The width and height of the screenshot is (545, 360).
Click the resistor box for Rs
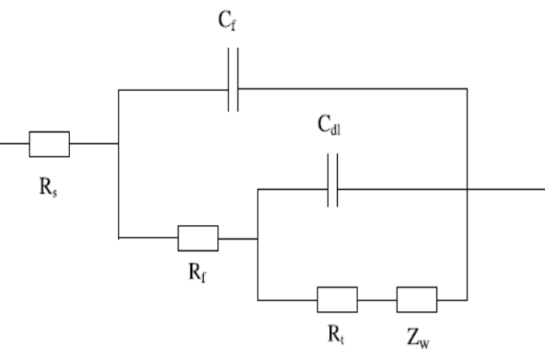pyautogui.click(x=49, y=144)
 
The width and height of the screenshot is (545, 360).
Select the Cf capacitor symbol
pyautogui.click(x=233, y=89)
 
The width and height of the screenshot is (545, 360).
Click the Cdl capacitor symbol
pyautogui.click(x=333, y=190)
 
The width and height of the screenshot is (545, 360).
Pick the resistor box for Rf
pyautogui.click(x=198, y=238)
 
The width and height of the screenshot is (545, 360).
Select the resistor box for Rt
pyautogui.click(x=337, y=299)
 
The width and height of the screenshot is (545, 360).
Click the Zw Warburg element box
pyautogui.click(x=416, y=299)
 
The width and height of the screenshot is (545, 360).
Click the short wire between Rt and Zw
pyautogui.click(x=377, y=299)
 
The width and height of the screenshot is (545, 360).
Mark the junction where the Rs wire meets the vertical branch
pyautogui.click(x=119, y=144)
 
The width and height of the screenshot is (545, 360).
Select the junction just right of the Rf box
pyautogui.click(x=257, y=238)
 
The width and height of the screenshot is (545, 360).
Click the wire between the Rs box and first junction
pyautogui.click(x=94, y=144)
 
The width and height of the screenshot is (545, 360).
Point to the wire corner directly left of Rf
pyautogui.click(x=119, y=238)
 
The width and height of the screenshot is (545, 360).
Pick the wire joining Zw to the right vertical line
pyautogui.click(x=451, y=299)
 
